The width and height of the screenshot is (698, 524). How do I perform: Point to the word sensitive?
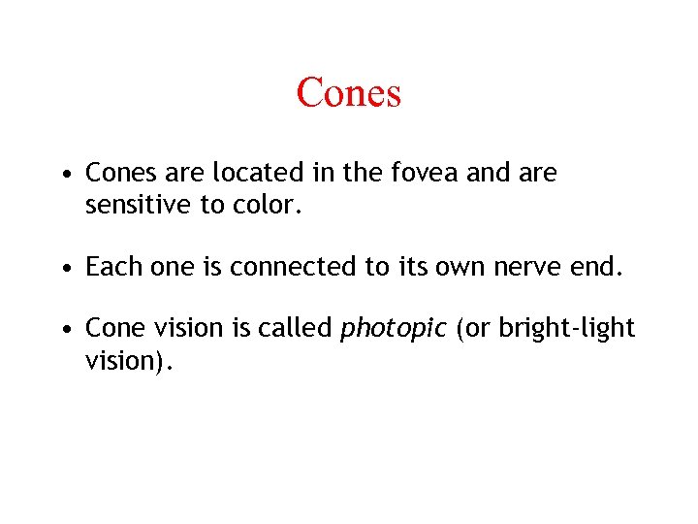[x=134, y=206]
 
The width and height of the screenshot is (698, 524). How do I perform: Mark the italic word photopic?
[x=393, y=330]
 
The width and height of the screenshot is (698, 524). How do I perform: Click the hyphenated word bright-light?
[x=566, y=329]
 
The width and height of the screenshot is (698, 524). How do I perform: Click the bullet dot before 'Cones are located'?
[x=63, y=175]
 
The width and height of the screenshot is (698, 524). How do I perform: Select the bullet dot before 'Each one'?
[x=63, y=269]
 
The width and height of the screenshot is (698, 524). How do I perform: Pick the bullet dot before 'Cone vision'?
[x=63, y=330]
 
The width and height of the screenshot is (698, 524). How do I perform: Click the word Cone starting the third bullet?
[x=114, y=328]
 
